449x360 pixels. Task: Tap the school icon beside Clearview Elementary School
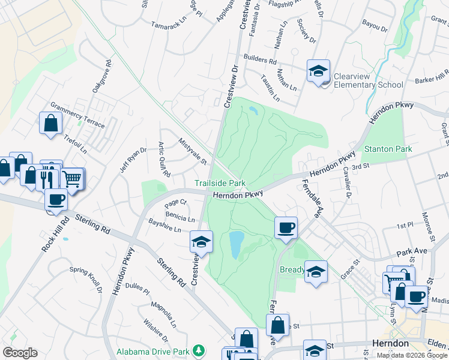click(318, 71)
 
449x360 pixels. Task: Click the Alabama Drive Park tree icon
click(199, 350)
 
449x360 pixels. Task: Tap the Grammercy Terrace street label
click(77, 113)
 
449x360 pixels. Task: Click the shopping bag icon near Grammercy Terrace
click(51, 123)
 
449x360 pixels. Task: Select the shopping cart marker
click(72, 178)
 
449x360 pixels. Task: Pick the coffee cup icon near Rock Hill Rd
click(56, 199)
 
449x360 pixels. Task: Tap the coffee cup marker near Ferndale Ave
click(286, 227)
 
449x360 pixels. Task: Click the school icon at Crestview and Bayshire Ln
click(201, 241)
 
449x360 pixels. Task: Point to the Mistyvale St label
click(192, 152)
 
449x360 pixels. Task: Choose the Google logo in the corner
click(20, 353)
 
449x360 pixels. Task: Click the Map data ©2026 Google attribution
click(412, 355)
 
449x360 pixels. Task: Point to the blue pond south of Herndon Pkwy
click(236, 244)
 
